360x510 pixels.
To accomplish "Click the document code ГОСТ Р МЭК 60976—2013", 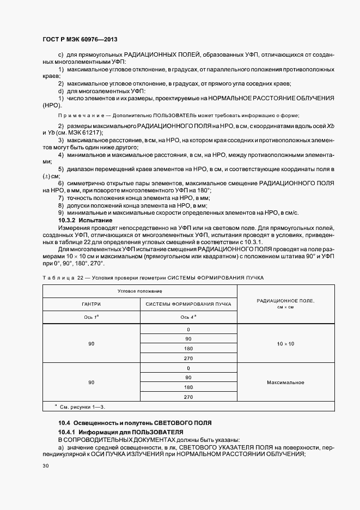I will (80, 40).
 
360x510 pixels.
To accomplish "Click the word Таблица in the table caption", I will (58, 277).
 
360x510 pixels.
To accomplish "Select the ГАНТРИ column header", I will (91, 304).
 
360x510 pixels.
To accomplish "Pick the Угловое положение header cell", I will (140, 292).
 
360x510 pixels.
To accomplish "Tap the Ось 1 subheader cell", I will (91, 317).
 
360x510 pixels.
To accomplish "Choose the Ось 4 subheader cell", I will (189, 317).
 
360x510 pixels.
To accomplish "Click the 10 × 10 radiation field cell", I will (285, 344).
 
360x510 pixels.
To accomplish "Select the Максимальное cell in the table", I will (285, 382).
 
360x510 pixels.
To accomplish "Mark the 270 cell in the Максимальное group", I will (189, 397).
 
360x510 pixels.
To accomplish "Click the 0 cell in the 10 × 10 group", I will (189, 330).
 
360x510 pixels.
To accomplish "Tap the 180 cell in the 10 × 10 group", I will (189, 349).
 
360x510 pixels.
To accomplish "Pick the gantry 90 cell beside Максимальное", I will (91, 382).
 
